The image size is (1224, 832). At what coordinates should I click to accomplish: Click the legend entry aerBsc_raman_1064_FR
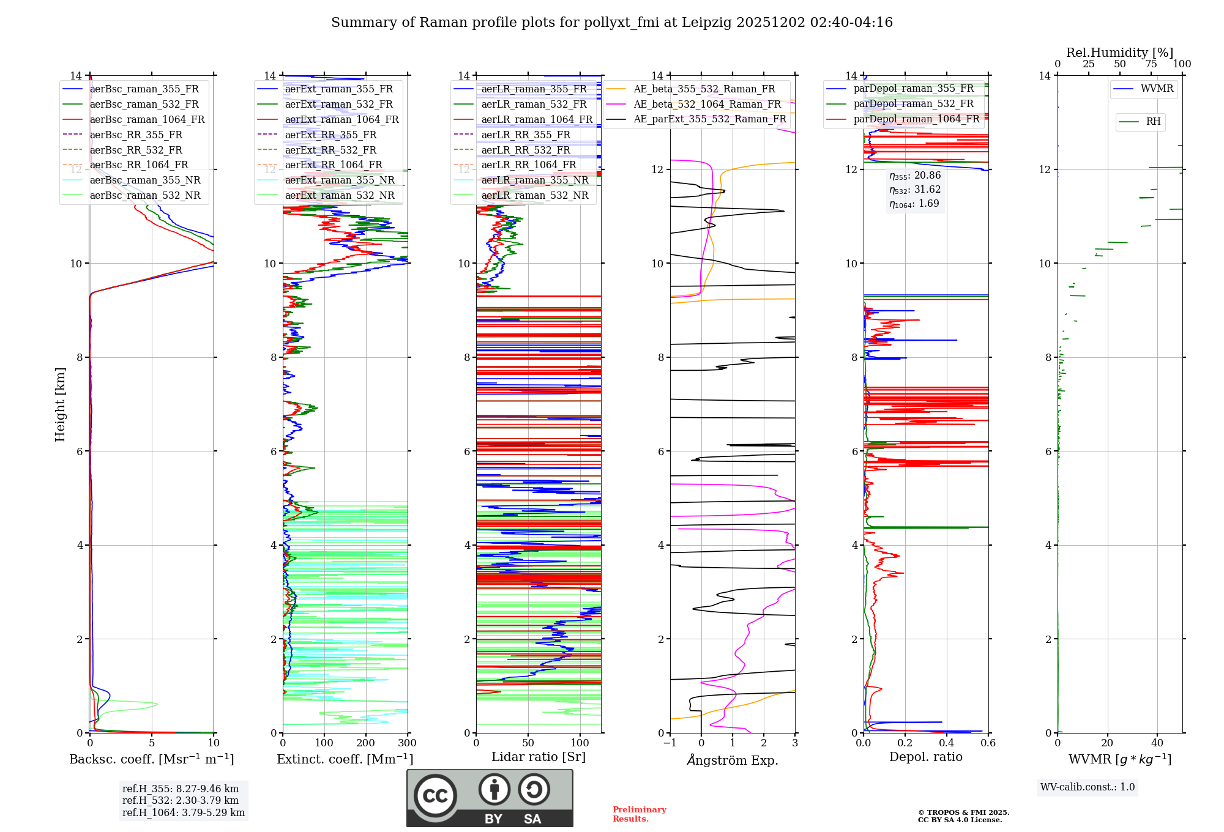(x=147, y=119)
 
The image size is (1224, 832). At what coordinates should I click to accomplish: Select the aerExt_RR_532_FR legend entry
(x=330, y=150)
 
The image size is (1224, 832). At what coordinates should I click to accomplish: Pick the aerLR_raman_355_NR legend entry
(x=534, y=180)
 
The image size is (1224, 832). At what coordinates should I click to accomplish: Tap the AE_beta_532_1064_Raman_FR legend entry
(x=707, y=104)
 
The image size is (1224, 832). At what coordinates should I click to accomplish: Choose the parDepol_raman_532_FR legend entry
(x=913, y=103)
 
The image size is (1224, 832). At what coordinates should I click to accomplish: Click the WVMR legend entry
(x=1157, y=89)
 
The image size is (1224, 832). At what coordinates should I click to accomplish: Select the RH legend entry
(x=1153, y=122)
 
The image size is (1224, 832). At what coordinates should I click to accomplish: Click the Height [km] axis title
(x=60, y=404)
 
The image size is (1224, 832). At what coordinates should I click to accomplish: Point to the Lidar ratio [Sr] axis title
(x=539, y=757)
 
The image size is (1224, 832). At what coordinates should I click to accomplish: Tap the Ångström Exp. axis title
(x=733, y=760)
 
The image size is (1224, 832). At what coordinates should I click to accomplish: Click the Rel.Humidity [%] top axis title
(x=1119, y=53)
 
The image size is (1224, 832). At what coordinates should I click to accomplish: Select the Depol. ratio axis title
(x=925, y=757)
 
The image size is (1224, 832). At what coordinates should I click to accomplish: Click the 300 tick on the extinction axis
(x=408, y=743)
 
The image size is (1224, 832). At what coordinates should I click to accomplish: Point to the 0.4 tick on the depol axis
(x=947, y=743)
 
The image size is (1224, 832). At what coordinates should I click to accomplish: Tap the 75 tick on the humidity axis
(x=1151, y=64)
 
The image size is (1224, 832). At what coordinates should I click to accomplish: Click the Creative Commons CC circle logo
(x=435, y=795)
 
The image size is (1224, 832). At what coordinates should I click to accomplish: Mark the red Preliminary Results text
(x=639, y=814)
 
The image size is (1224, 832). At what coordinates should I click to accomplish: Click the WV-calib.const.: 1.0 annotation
(x=1088, y=787)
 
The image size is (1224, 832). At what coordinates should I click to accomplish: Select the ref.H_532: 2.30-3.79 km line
(x=181, y=800)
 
